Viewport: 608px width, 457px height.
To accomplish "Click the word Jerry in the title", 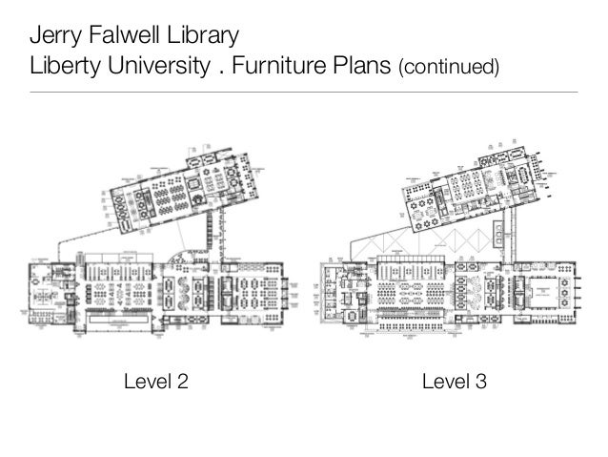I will pyautogui.click(x=53, y=39).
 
